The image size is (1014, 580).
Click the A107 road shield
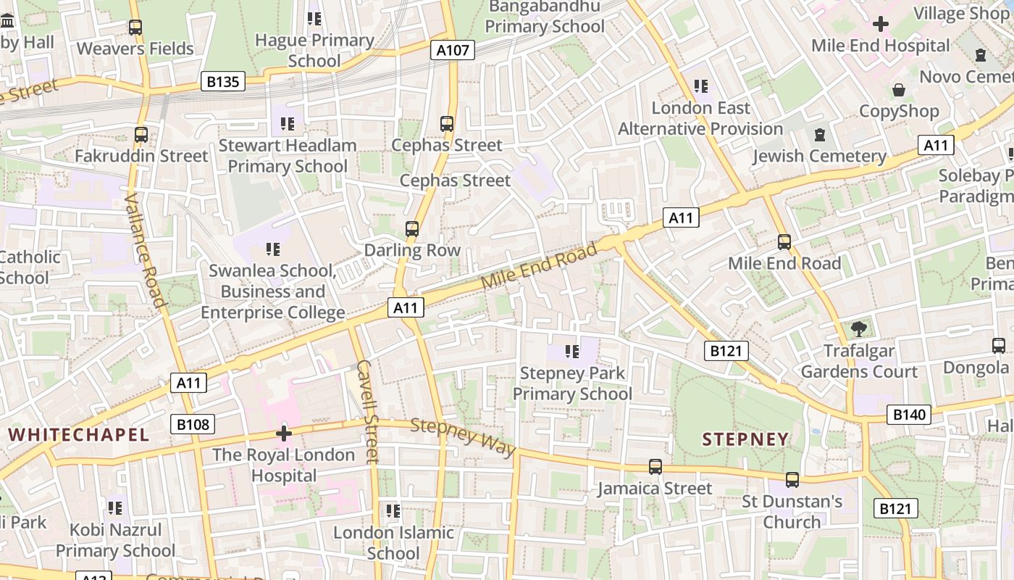(454, 50)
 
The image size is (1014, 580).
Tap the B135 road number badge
(222, 81)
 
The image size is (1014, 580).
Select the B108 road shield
(193, 424)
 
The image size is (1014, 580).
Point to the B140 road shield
(909, 415)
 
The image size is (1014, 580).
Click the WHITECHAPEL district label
(78, 435)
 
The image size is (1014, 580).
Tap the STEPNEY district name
(745, 439)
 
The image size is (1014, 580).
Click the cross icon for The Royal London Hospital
(284, 434)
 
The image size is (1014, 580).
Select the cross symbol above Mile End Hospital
(880, 24)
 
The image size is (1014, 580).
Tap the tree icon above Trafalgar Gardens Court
(859, 329)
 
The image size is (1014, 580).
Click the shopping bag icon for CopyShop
(899, 90)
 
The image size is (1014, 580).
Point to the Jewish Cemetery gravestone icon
(819, 135)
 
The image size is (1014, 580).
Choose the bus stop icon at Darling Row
(412, 229)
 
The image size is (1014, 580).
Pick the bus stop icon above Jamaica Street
(655, 467)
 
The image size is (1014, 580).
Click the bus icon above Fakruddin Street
(141, 135)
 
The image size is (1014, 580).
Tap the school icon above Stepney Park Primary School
(572, 352)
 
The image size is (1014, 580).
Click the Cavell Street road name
(368, 410)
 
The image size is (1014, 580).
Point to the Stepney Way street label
(463, 436)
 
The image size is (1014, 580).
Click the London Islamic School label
(393, 542)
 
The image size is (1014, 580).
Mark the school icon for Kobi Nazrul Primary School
(115, 508)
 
